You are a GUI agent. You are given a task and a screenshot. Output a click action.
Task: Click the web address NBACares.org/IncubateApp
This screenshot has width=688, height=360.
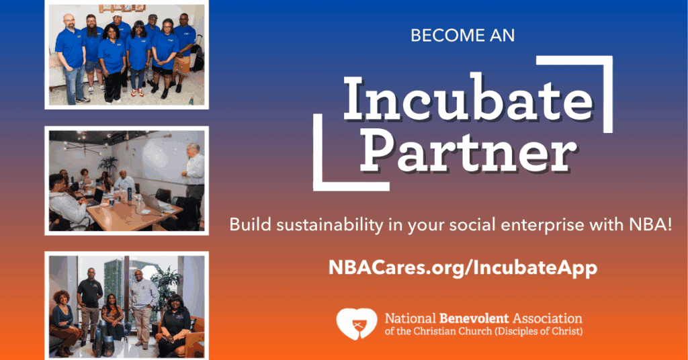[x=463, y=267]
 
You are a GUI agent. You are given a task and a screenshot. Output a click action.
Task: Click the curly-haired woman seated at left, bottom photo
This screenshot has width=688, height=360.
[x=63, y=319]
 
